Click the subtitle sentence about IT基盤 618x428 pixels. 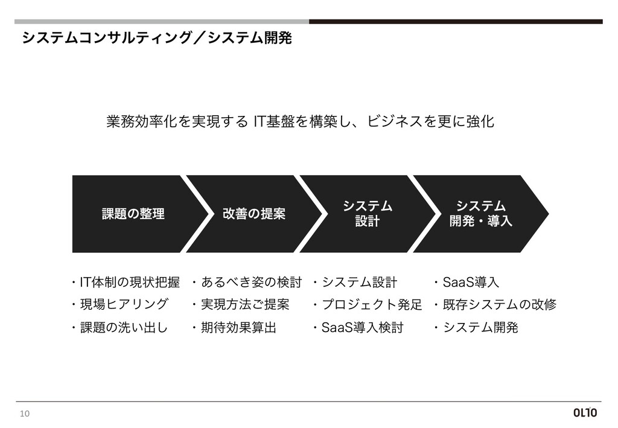point(300,122)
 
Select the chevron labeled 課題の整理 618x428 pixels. point(133,214)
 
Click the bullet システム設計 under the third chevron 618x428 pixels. point(359,283)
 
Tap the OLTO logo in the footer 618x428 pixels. point(584,414)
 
